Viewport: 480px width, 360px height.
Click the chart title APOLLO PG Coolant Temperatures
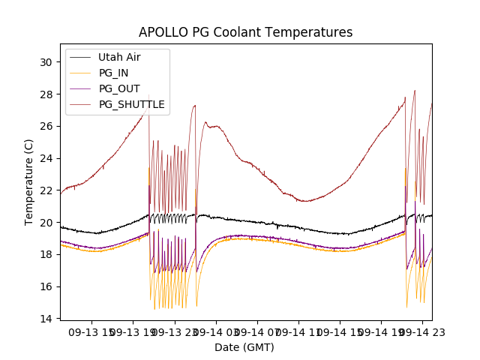click(245, 33)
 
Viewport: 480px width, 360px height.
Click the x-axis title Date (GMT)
click(244, 347)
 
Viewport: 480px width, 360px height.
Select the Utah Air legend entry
click(119, 57)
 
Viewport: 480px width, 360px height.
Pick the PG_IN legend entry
click(113, 73)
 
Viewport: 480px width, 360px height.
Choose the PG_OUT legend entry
click(119, 88)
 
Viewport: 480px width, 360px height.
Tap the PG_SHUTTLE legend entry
click(131, 104)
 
